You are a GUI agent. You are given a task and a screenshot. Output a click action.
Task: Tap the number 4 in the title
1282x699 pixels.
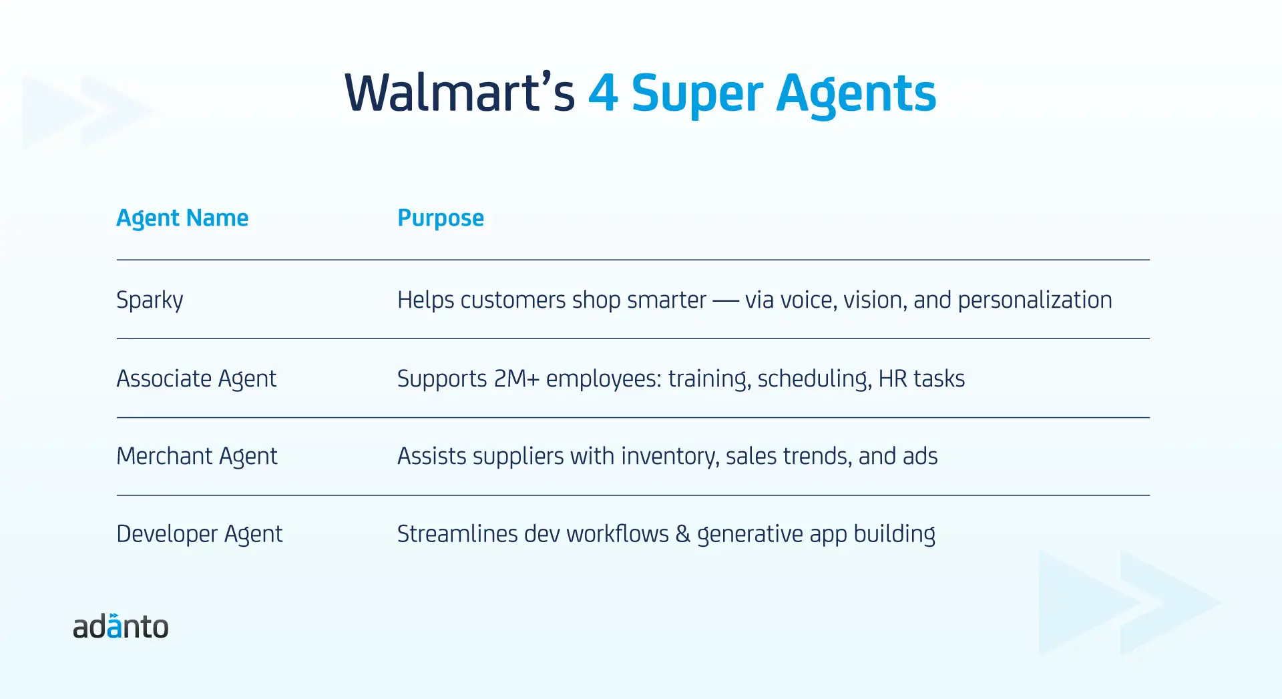pyautogui.click(x=603, y=93)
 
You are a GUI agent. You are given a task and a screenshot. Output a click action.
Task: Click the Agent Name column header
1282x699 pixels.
pyautogui.click(x=182, y=218)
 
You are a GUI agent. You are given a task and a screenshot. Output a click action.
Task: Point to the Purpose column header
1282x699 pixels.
pyautogui.click(x=441, y=218)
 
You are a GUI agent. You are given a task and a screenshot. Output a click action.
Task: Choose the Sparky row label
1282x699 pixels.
pyautogui.click(x=150, y=300)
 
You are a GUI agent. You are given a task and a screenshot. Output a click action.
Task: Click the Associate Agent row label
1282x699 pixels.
pyautogui.click(x=196, y=379)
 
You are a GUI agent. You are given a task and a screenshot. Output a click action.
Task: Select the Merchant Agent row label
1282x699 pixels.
pyautogui.click(x=197, y=457)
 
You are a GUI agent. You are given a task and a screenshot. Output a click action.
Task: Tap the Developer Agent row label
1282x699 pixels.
pyautogui.click(x=200, y=534)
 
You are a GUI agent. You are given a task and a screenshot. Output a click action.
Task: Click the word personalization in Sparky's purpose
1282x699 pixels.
pyautogui.click(x=1035, y=300)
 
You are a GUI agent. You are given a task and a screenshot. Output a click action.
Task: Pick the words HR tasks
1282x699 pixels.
pyautogui.click(x=921, y=379)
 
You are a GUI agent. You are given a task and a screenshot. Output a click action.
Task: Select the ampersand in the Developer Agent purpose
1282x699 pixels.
pyautogui.click(x=682, y=534)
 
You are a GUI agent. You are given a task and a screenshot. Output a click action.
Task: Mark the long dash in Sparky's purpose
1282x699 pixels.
pyautogui.click(x=725, y=302)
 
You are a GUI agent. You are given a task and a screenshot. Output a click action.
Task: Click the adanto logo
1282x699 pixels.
pyautogui.click(x=121, y=626)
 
